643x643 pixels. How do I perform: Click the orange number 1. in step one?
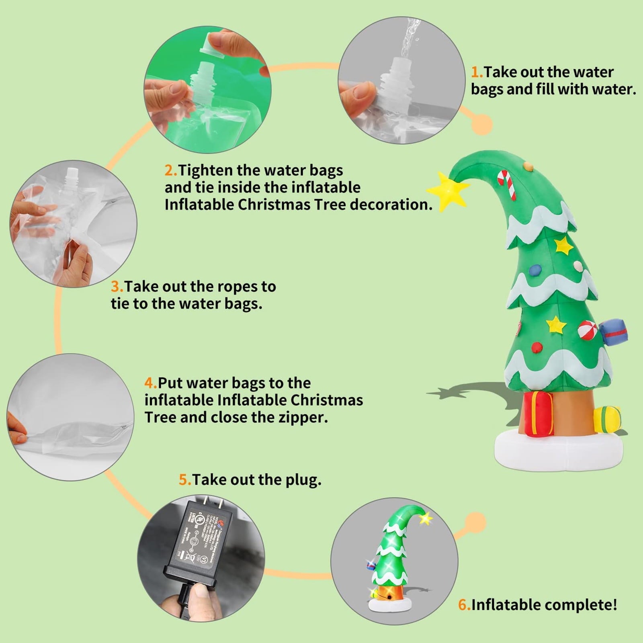[477, 72]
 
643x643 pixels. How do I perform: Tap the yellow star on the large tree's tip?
[447, 191]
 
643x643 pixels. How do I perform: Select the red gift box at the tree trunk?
[538, 414]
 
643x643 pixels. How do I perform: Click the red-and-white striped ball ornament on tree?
[586, 329]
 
